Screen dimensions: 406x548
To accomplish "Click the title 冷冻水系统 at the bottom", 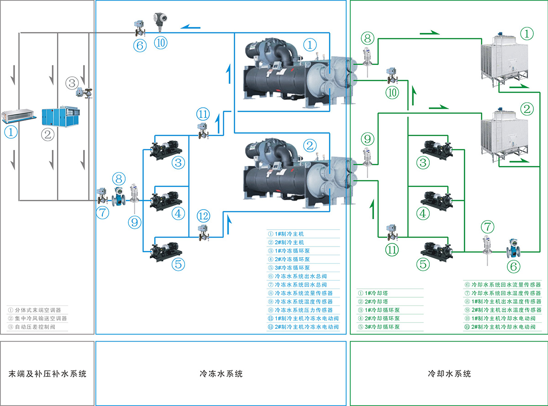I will click(221, 374).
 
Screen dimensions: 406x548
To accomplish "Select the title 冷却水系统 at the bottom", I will click(449, 374).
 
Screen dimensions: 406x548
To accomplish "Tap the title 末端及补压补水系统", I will click(47, 374).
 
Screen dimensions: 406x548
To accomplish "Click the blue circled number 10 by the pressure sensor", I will click(161, 42).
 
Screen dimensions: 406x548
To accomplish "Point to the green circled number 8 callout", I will click(368, 37).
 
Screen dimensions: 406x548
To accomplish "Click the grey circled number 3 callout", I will click(72, 83).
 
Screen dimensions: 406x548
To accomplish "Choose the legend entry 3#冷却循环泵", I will click(382, 327).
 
